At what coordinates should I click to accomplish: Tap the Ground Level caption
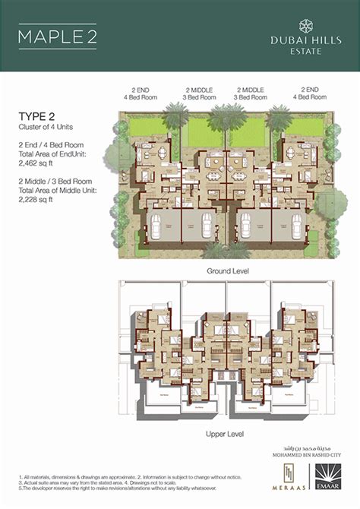tap(229, 270)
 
